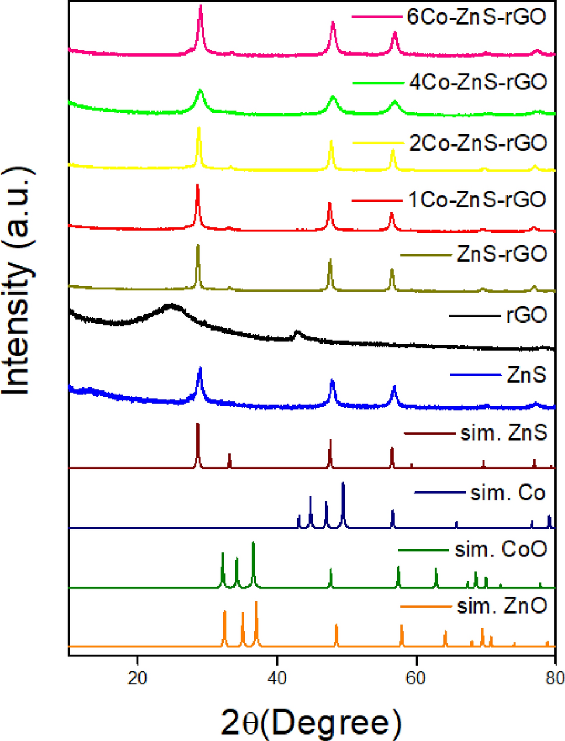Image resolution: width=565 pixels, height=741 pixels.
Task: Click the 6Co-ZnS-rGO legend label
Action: [477, 16]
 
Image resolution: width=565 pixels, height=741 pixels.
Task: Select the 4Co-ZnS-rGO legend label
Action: [478, 82]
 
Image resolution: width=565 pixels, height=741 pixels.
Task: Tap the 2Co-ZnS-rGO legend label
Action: [478, 143]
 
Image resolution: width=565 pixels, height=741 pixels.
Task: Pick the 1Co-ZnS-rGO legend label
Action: [477, 200]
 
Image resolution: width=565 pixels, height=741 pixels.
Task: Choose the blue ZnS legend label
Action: [526, 375]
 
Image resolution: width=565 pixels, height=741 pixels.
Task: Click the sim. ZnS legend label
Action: [504, 434]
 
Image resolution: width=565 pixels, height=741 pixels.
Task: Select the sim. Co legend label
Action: [508, 493]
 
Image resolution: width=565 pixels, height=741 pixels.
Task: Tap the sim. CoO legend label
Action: [501, 549]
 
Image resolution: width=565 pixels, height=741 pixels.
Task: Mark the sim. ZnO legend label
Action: [502, 607]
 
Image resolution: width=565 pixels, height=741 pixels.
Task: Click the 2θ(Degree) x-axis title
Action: [311, 722]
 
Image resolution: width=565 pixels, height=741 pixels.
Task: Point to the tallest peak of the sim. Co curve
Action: [343, 483]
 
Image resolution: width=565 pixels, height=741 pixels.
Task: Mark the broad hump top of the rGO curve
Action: [171, 305]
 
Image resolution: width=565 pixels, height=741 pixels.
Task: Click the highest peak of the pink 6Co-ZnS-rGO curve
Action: [201, 6]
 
